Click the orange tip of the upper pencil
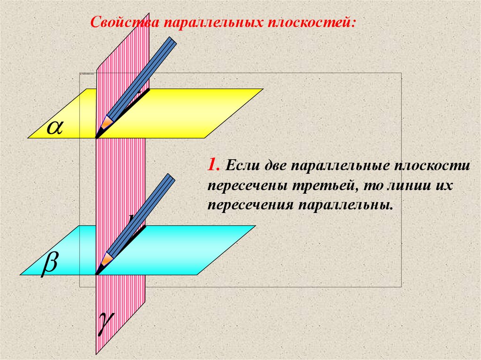pyautogui.click(x=106, y=123)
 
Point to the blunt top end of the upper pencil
pyautogui.click(x=172, y=41)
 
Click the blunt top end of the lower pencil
pyautogui.click(x=170, y=178)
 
